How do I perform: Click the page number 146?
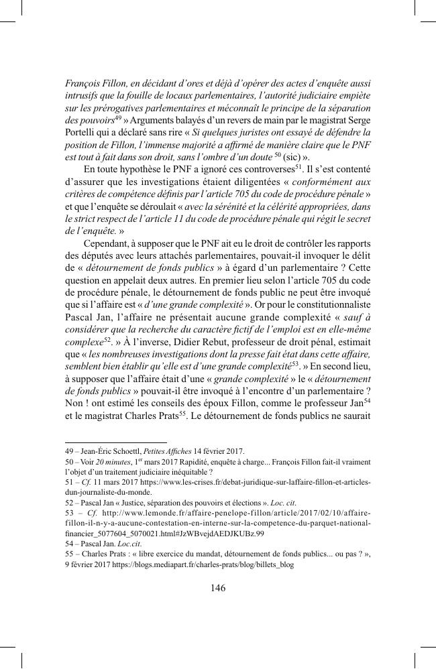[x=217, y=588]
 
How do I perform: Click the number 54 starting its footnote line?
[x=70, y=544]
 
